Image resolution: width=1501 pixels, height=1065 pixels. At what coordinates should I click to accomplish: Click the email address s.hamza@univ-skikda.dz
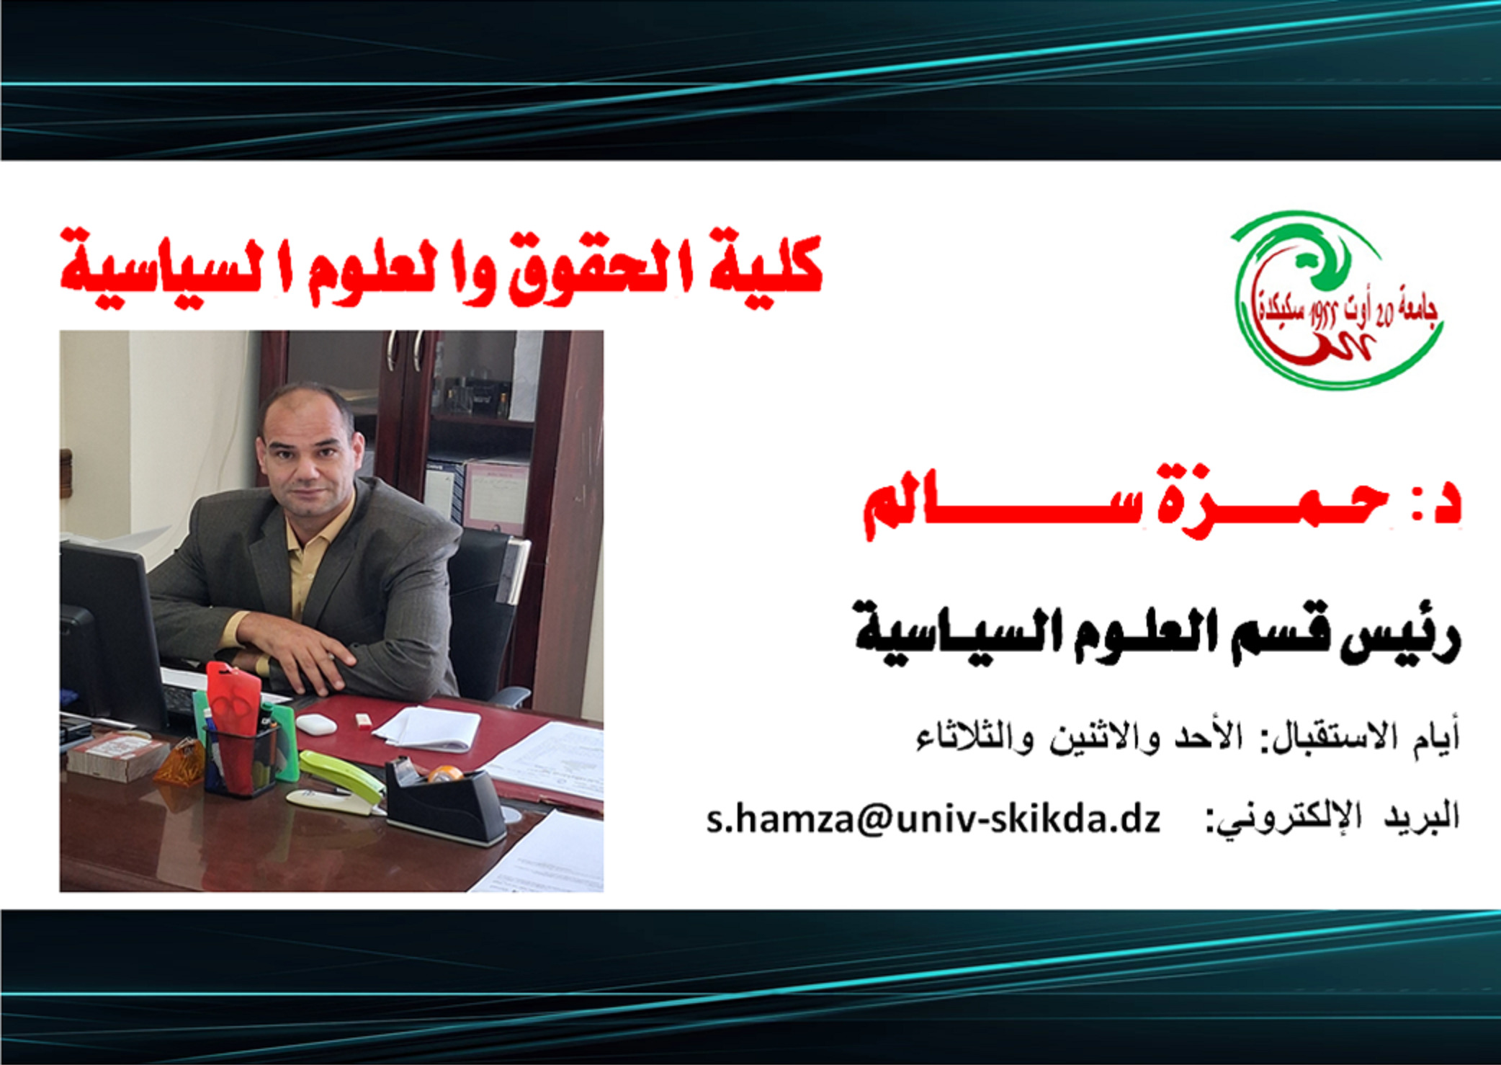(933, 819)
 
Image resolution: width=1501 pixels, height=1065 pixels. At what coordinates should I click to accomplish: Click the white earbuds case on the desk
(316, 724)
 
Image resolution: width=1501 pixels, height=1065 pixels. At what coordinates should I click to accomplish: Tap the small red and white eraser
(362, 719)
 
